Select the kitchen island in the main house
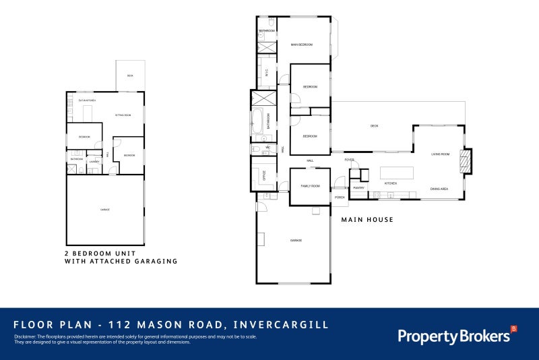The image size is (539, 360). (397, 172)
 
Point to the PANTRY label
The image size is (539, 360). (358, 188)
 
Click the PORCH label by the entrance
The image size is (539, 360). (340, 197)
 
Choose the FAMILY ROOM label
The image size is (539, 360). (310, 186)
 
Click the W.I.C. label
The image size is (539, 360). (267, 73)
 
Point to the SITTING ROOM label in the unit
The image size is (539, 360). (123, 115)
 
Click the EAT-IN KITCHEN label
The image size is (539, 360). (87, 100)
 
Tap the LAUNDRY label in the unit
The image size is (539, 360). (94, 162)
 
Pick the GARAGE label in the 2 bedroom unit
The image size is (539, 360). (104, 210)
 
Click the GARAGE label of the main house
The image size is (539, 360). (295, 241)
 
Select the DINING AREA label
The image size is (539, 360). (439, 189)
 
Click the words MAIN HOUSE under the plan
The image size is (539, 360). (367, 220)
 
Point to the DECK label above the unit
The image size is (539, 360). (130, 76)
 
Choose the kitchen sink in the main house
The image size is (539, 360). (377, 196)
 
